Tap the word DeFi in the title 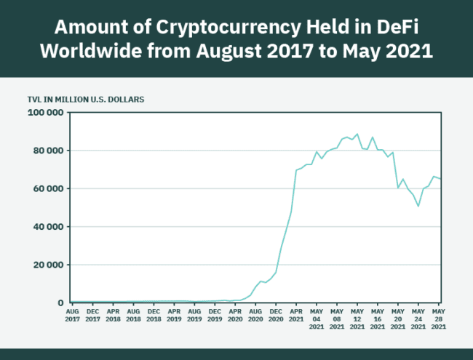coord(391,28)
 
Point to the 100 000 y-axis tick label coord(45,113)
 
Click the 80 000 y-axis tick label coord(48,151)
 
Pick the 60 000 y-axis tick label coord(48,188)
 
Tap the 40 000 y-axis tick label coord(48,226)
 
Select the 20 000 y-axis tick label coord(48,264)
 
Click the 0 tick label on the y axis coord(61,302)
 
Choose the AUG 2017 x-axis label coord(72,314)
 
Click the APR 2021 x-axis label coord(296,314)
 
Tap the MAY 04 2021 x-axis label coord(317,318)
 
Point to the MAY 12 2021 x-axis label coord(357,318)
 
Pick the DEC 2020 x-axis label coord(276,314)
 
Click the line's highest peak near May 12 coord(357,134)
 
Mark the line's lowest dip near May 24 coord(418,206)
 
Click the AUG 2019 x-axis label coord(194,314)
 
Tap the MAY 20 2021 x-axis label coord(398,318)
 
